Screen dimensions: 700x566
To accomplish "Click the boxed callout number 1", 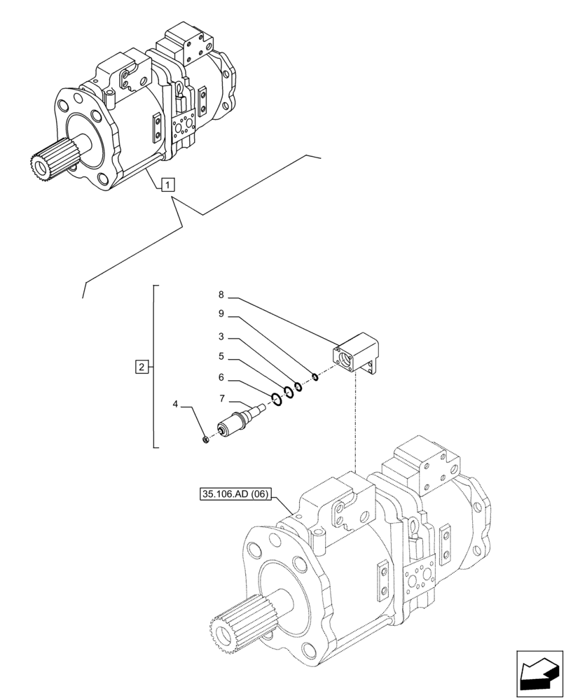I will pyautogui.click(x=168, y=185).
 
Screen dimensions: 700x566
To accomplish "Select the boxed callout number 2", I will pyautogui.click(x=141, y=366).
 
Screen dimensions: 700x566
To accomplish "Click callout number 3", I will pyautogui.click(x=221, y=337).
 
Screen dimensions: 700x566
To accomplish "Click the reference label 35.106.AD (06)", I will pyautogui.click(x=233, y=493).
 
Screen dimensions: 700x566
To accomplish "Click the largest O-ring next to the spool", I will pyautogui.click(x=277, y=398).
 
